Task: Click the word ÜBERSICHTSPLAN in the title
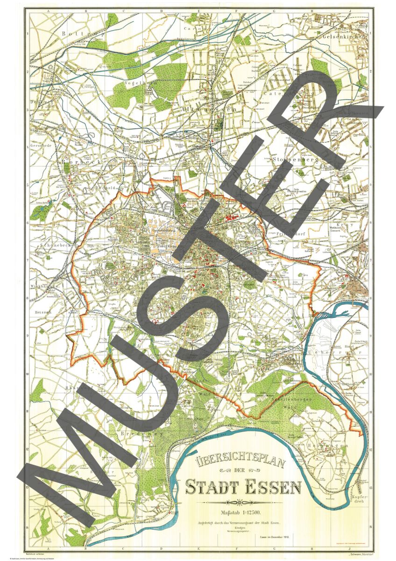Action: (x=243, y=463)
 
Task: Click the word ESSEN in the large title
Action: (x=272, y=487)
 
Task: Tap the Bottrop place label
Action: (x=78, y=34)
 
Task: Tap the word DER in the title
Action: (x=242, y=474)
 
